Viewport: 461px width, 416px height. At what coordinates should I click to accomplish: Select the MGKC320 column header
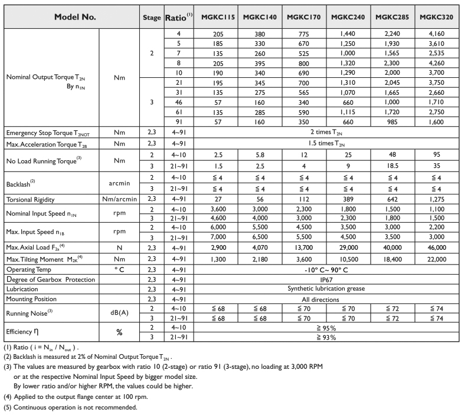pos(436,17)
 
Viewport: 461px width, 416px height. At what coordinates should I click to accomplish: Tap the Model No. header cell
pos(71,17)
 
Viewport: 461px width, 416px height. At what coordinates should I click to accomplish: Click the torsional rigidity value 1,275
pos(436,199)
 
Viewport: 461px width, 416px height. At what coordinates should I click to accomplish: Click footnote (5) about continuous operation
pos(71,407)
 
